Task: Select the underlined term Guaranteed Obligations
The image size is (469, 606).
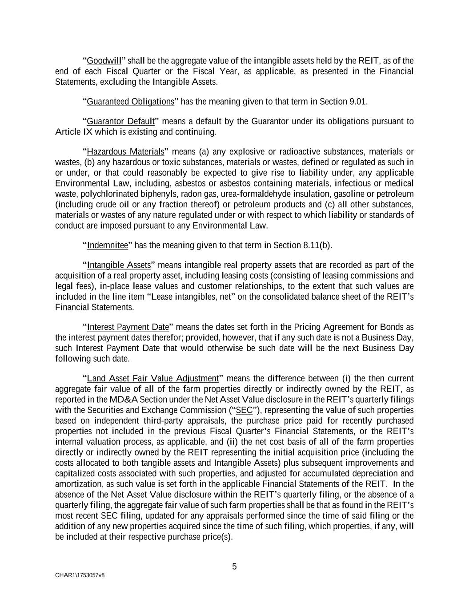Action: (130, 102)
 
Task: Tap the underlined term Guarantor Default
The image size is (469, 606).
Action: (120, 122)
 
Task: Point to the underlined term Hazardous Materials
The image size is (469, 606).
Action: (125, 152)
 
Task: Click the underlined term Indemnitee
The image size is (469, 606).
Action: (107, 246)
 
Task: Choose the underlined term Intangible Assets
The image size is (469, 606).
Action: (119, 265)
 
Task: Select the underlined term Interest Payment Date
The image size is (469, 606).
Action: (128, 327)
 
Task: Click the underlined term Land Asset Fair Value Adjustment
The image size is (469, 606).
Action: (153, 379)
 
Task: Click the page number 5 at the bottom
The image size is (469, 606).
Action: (234, 566)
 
